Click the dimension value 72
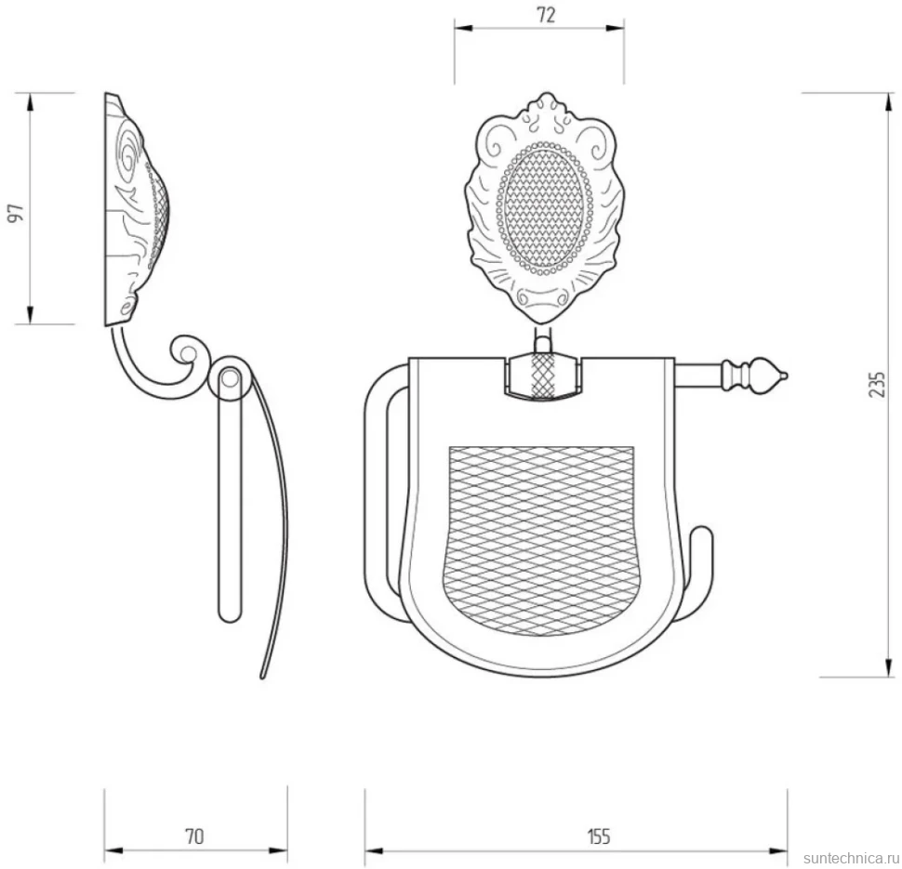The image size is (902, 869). pos(546,15)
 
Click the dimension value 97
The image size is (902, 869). pos(18,212)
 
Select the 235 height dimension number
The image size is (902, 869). pos(877,384)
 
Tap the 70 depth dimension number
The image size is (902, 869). pos(194,836)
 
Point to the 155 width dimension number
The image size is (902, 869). pos(598,836)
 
